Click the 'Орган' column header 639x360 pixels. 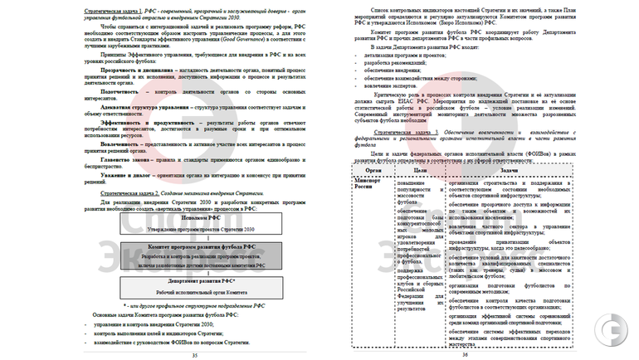tap(373, 170)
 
